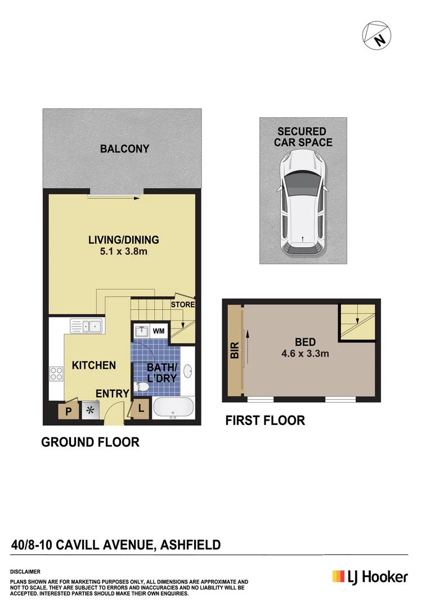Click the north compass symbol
pyautogui.click(x=376, y=36)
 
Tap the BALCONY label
pyautogui.click(x=124, y=149)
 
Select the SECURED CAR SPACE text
pyautogui.click(x=303, y=137)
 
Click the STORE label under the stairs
pyautogui.click(x=183, y=305)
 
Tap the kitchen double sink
pyautogui.click(x=86, y=325)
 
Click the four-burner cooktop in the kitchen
pyautogui.click(x=56, y=374)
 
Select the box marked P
pyautogui.click(x=69, y=411)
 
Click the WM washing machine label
pyautogui.click(x=159, y=331)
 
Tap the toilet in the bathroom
pyautogui.click(x=143, y=387)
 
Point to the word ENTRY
pyautogui.click(x=112, y=394)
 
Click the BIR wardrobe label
pyautogui.click(x=235, y=351)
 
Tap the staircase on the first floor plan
pyautogui.click(x=357, y=322)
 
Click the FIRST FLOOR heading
pyautogui.click(x=265, y=421)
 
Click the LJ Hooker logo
pyautogui.click(x=370, y=576)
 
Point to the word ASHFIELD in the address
pyautogui.click(x=190, y=544)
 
